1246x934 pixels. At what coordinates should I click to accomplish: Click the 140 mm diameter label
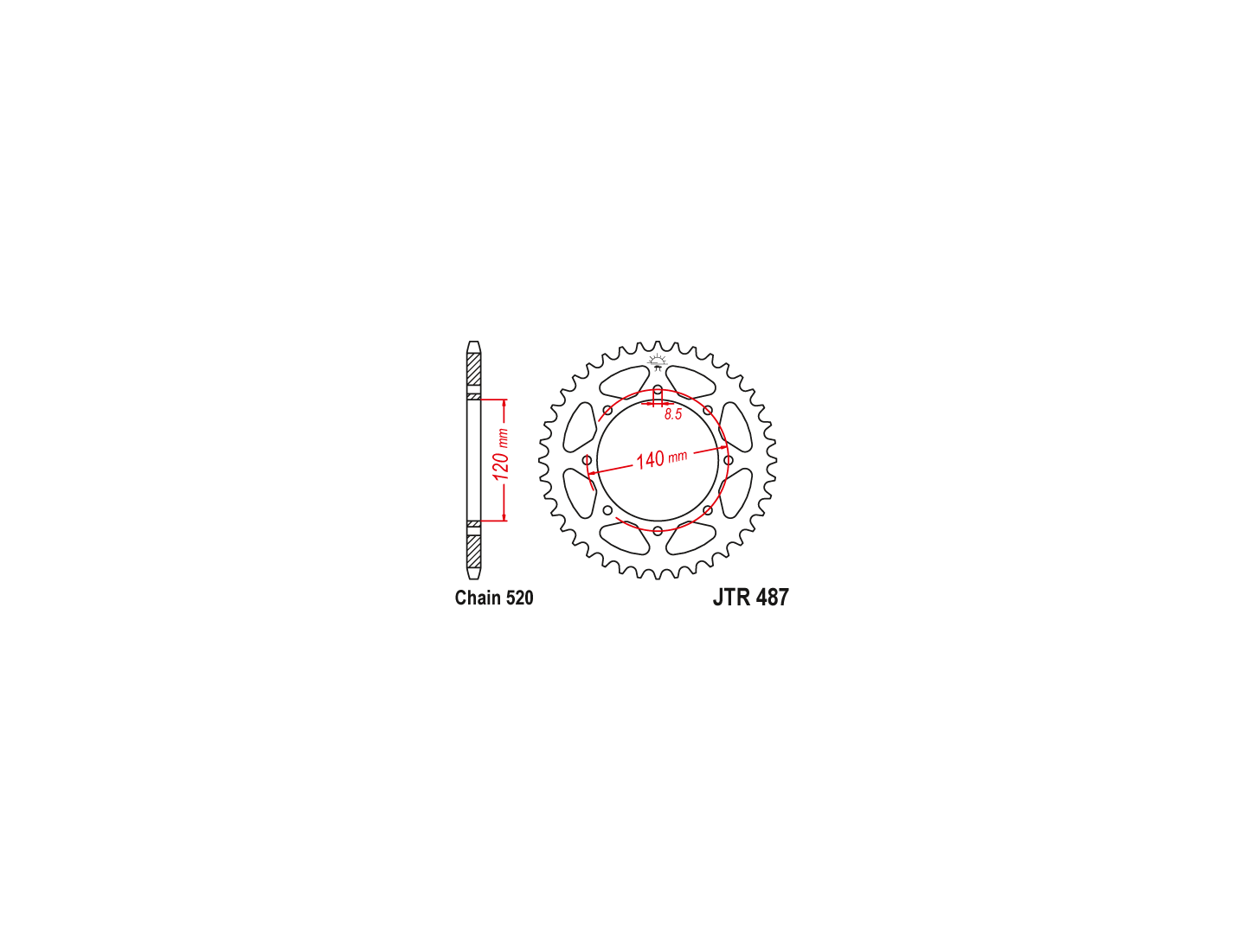click(661, 458)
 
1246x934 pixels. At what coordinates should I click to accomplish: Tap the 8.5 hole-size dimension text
click(672, 414)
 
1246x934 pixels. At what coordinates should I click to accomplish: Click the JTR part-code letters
click(733, 597)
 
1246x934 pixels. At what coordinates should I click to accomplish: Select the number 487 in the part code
click(773, 597)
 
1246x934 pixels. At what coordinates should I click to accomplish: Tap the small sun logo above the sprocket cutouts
click(658, 361)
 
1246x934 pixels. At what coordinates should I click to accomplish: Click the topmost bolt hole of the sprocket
click(658, 390)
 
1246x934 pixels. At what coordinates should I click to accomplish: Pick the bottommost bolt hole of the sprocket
click(658, 530)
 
